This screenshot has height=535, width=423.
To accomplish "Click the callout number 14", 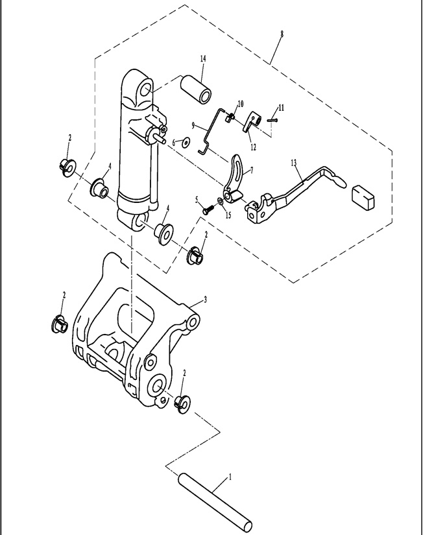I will coord(203,59).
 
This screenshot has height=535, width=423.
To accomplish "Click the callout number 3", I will coord(205,299).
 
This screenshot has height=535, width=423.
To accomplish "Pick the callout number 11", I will coord(281,107).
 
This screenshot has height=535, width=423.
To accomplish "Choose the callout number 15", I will coord(228,214).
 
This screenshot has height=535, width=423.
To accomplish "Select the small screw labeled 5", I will coord(208,209).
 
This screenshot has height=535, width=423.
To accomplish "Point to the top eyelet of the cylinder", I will coord(143,88).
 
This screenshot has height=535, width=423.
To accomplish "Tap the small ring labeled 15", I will coord(221,202).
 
